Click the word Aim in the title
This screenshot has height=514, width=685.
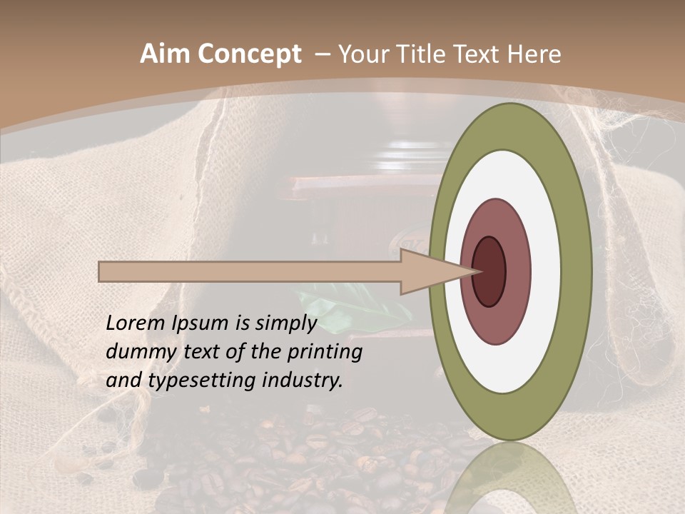[x=166, y=54]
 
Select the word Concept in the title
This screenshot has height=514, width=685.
[x=250, y=54]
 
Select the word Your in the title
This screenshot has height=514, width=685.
[x=361, y=54]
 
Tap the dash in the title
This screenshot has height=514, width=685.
[x=320, y=54]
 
